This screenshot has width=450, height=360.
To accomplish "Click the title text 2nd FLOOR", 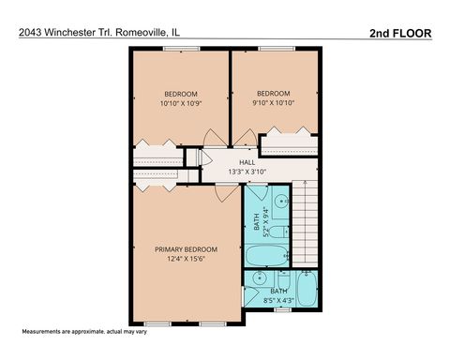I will click(400, 33).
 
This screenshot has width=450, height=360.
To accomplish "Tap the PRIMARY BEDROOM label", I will click(186, 249).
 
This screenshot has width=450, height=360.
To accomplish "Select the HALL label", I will click(247, 162).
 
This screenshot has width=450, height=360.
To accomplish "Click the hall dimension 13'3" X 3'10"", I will click(247, 172).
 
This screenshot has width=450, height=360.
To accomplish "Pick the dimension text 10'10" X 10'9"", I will click(181, 103).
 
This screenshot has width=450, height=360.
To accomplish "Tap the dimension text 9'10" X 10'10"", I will click(275, 103).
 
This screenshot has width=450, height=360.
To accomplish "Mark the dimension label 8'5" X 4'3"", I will click(279, 300).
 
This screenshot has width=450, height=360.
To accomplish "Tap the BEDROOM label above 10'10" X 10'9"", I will click(181, 94).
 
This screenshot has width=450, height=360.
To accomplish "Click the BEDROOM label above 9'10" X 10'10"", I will click(274, 94).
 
